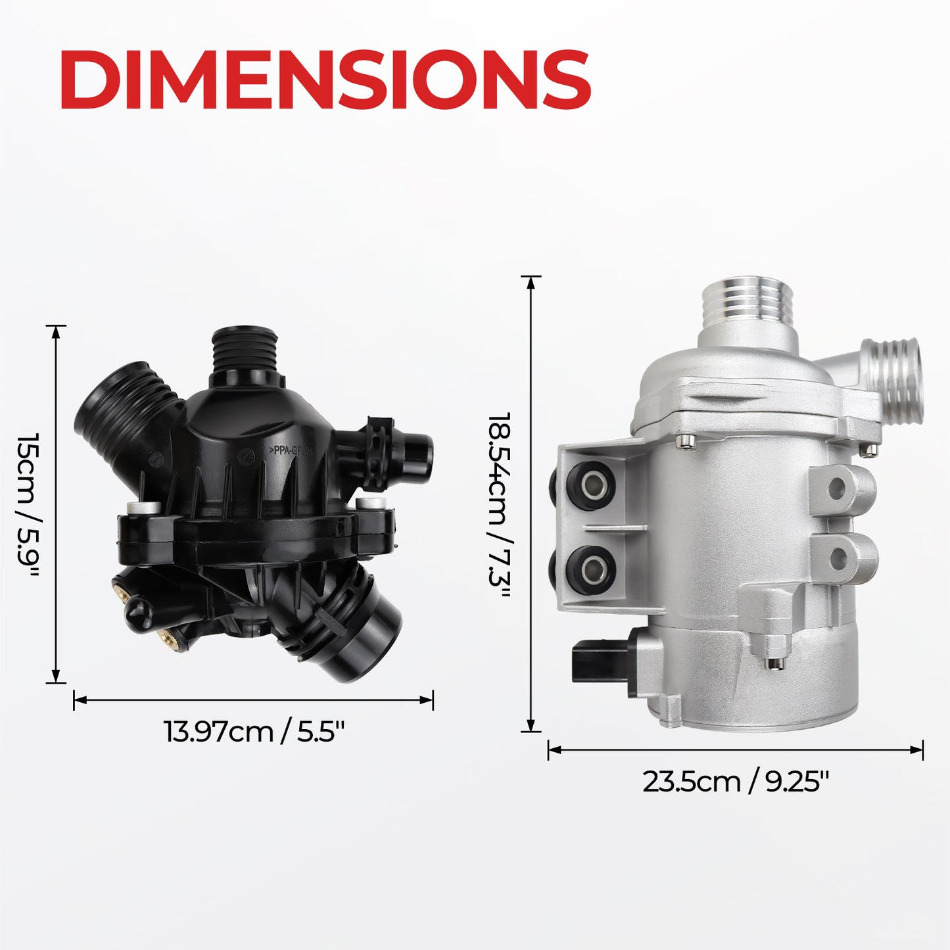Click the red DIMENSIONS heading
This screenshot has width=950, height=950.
tap(325, 80)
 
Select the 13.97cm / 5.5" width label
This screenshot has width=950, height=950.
tap(253, 732)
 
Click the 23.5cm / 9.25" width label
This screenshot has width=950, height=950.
tap(735, 782)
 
